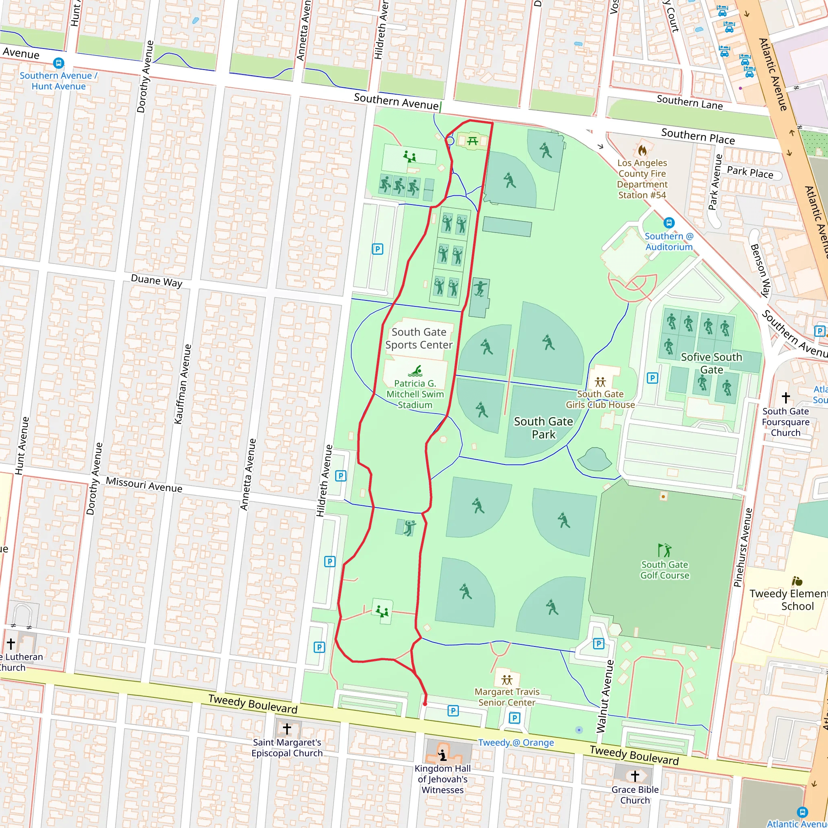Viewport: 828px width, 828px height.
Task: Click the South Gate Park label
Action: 543,428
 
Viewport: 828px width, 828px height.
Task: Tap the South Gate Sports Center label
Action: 419,338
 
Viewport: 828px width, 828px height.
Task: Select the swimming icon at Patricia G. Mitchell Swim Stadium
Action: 415,371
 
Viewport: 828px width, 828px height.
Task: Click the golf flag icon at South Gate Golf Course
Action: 664,550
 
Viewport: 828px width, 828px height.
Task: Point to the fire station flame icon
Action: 642,150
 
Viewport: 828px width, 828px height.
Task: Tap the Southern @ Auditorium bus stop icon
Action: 669,223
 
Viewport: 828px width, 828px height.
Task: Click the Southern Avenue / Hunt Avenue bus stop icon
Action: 59,63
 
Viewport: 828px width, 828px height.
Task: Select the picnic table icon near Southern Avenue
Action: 472,141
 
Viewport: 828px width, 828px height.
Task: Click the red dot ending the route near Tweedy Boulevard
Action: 425,704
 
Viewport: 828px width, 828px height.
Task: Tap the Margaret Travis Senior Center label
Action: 507,697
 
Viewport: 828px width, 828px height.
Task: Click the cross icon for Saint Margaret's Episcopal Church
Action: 287,729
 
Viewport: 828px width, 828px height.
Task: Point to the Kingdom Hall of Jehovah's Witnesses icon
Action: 443,755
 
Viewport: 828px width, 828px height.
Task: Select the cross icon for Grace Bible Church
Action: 635,775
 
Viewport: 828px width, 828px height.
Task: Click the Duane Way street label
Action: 156,281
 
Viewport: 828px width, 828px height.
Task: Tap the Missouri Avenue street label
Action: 144,485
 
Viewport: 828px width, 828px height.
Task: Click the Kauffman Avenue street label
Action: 183,384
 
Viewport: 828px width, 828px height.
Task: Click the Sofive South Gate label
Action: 712,363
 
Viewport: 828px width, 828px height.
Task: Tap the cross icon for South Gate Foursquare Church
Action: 786,398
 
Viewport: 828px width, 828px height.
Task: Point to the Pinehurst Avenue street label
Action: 743,547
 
